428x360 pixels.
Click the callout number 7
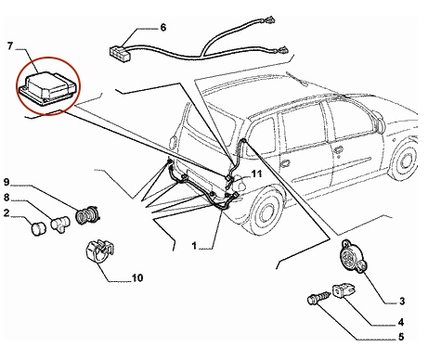10,46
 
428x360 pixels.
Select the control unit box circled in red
47,88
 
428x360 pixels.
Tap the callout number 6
163,28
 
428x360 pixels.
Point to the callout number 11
256,174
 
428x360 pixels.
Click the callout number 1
194,246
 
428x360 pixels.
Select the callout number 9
6,182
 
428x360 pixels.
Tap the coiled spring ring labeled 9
87,215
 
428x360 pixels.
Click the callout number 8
6,198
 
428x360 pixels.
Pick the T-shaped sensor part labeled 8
60,224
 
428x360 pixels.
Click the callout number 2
6,212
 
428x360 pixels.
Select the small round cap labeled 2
39,229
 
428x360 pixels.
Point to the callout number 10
137,277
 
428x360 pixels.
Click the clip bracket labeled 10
99,251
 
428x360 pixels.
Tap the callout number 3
402,301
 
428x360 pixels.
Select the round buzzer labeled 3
354,257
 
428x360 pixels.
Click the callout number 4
401,322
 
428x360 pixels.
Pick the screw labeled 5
318,298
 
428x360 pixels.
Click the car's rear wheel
266,211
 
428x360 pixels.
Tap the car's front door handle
338,149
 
